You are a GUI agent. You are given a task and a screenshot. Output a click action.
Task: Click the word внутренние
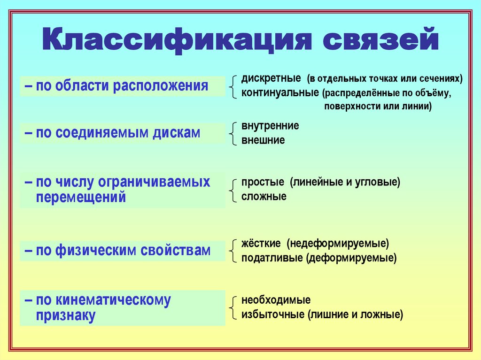point(270,126)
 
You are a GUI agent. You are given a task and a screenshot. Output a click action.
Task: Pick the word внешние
point(263,140)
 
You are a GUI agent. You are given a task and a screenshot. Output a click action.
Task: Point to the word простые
point(263,182)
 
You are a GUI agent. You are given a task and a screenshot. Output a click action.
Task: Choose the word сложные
point(264,196)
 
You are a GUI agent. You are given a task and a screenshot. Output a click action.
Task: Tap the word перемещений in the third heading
point(81,197)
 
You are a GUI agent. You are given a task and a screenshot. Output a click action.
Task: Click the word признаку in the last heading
point(66,315)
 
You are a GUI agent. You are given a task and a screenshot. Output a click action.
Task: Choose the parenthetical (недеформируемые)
point(339,244)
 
